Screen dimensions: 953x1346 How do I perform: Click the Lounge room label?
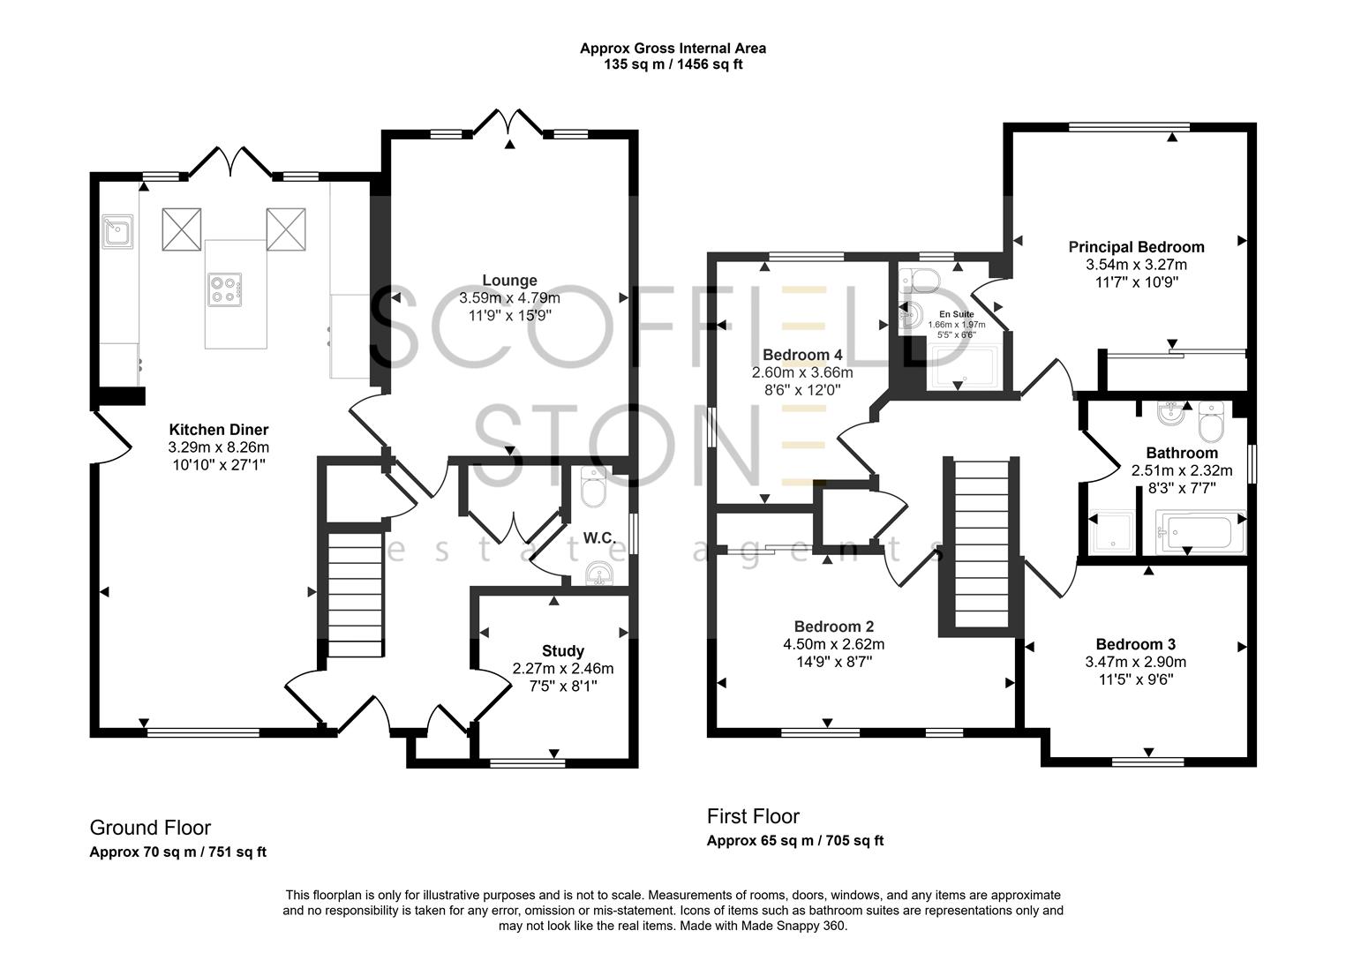pos(509,281)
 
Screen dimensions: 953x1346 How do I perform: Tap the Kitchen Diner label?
pos(219,430)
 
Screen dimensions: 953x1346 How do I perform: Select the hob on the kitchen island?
pos(224,290)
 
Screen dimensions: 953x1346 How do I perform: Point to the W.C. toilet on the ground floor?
pos(593,488)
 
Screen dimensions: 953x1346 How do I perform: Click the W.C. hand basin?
pos(602,574)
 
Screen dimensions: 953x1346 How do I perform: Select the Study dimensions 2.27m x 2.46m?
pos(562,668)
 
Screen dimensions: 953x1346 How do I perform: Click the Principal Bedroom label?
pos(1136,247)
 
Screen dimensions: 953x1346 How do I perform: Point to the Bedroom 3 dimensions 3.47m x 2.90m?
pos(1135,662)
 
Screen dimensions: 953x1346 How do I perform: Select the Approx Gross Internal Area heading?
pos(672,49)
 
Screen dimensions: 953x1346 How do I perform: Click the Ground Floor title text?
pos(150,828)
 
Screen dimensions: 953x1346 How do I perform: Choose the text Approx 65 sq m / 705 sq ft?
pos(794,841)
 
